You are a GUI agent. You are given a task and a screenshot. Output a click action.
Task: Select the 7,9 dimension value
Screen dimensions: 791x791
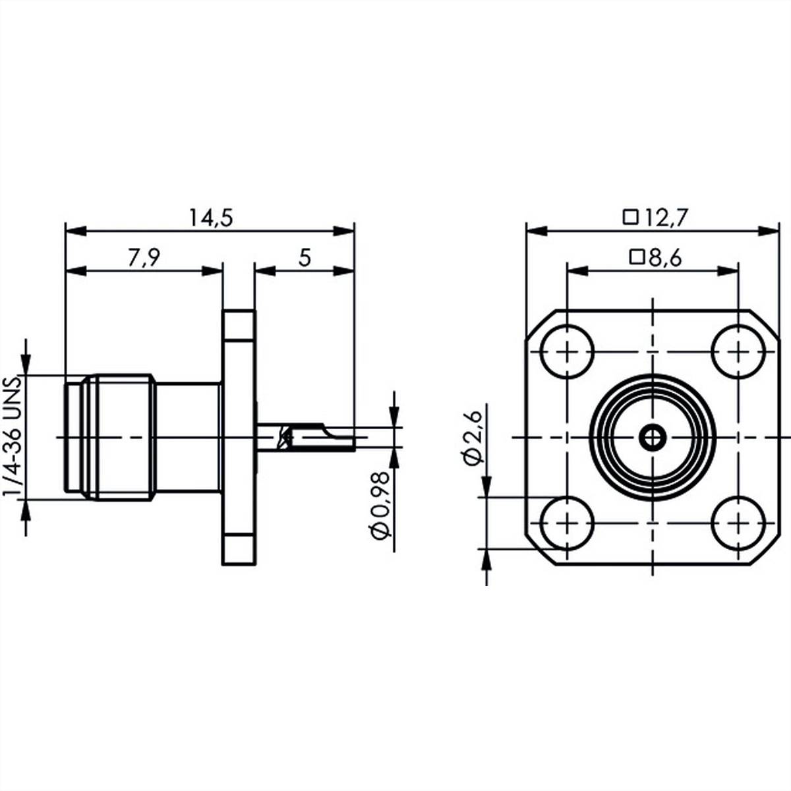tap(144, 258)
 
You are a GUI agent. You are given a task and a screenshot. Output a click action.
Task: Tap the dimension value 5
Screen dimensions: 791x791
tap(305, 258)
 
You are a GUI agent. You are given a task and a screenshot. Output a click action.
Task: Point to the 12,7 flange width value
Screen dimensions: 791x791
tap(665, 218)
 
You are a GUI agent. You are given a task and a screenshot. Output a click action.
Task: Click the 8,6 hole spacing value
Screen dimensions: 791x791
tap(665, 258)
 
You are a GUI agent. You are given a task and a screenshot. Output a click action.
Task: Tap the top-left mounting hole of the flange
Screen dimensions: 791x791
tap(567, 351)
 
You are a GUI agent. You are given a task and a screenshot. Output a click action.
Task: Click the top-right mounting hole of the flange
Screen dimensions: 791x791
tap(738, 351)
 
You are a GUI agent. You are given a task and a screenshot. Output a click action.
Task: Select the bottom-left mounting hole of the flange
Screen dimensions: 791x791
tap(567, 523)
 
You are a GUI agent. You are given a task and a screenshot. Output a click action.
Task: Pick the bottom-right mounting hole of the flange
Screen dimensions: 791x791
tap(738, 523)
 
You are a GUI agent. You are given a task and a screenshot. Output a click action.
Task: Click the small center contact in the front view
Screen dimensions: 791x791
tap(653, 438)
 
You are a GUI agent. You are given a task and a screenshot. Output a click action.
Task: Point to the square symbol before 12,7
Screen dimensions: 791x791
tap(631, 217)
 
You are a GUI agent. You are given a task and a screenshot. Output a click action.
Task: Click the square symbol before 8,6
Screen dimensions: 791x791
tap(637, 257)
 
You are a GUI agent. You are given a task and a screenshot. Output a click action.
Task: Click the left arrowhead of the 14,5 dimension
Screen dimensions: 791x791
tap(76, 231)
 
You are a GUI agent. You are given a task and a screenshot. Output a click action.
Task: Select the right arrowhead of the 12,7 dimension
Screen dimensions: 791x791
tap(769, 231)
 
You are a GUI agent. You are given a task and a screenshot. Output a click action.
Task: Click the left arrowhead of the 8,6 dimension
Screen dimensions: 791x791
tap(577, 271)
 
